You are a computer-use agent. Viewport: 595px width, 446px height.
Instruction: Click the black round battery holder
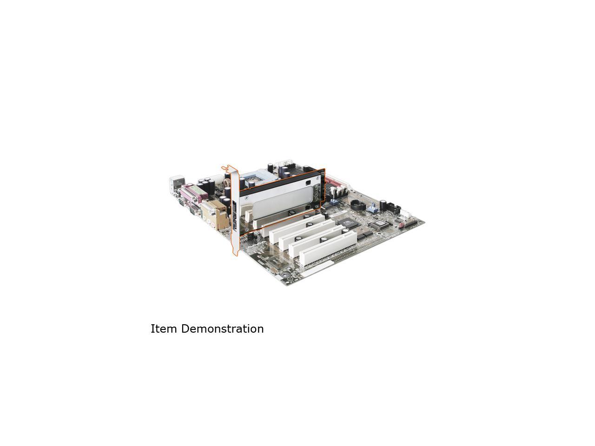[x=358, y=206]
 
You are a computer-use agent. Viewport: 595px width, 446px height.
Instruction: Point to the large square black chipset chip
[x=348, y=223]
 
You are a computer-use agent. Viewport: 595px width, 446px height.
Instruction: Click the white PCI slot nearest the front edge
[x=328, y=248]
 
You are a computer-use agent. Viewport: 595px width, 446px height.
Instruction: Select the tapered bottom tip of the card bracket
[x=235, y=253]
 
